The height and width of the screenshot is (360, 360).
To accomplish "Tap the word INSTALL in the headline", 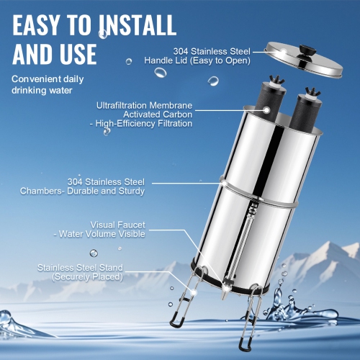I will pos(137,24).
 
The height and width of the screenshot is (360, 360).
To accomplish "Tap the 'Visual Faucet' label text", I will pos(115,225).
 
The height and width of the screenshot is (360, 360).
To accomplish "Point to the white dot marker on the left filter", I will pos(266,109).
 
